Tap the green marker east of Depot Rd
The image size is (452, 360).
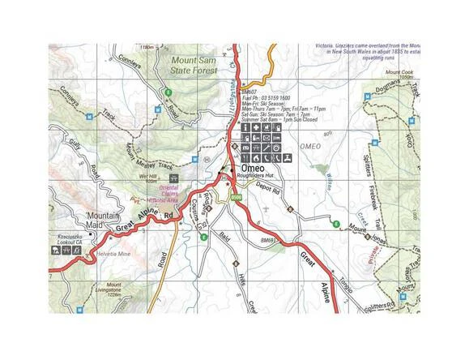click(336, 223)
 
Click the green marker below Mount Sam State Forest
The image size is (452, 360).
click(168, 92)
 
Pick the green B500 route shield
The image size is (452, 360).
click(237, 197)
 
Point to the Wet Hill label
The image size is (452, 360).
click(147, 175)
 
